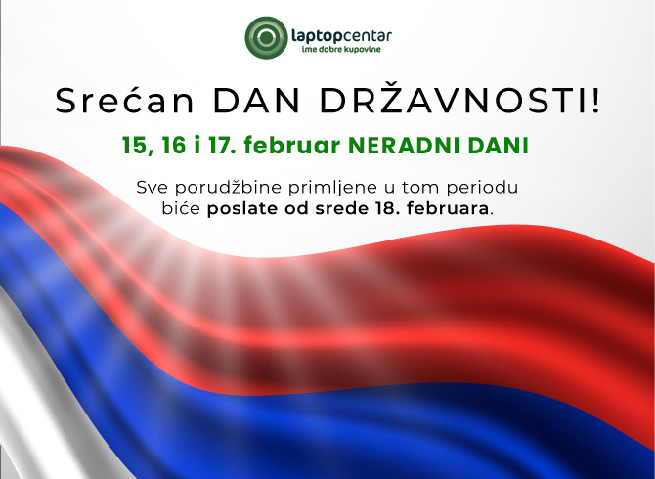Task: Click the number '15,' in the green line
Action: point(138,146)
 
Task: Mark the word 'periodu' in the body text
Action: point(485,186)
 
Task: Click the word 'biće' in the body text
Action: point(181,209)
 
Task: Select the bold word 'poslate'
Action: point(240,209)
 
